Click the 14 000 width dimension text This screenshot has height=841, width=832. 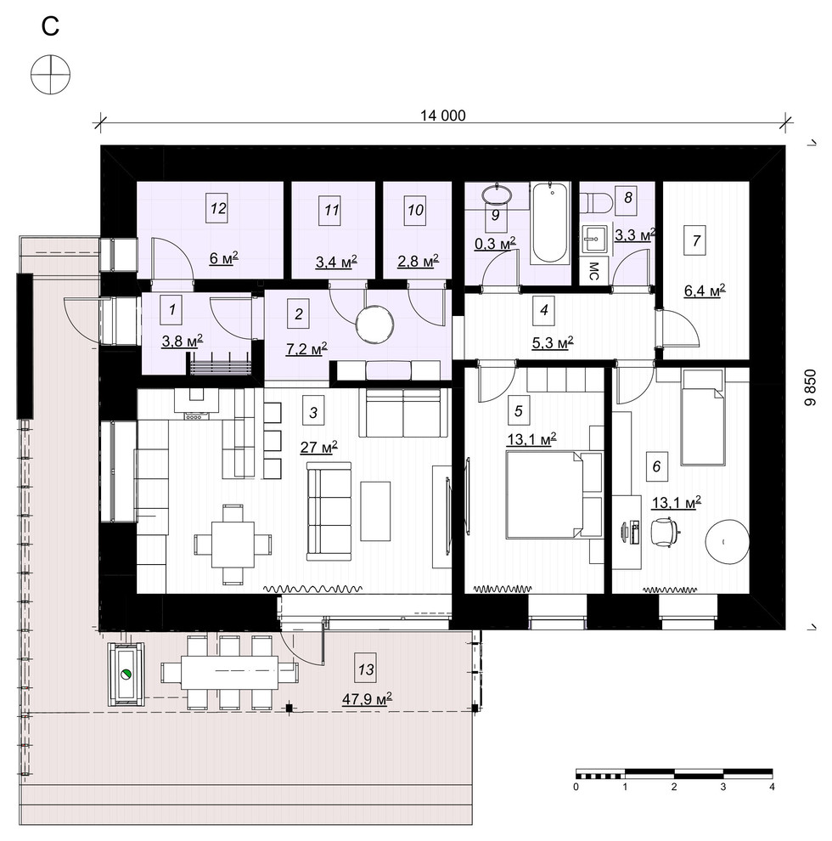pos(443,116)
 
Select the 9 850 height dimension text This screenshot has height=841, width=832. pos(810,387)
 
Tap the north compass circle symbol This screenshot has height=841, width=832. pos(50,75)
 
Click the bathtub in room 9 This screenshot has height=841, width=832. pos(550,223)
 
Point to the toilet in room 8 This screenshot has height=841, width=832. pos(596,203)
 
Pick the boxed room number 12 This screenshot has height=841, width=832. pos(217,208)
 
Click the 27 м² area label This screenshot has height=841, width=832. pos(319,448)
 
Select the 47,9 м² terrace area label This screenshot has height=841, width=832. pos(368,699)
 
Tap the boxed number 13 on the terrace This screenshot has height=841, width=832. pos(366,669)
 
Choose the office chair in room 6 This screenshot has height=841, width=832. pos(663,532)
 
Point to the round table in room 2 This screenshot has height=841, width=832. pos(374,324)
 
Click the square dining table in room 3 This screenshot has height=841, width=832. pos(233,544)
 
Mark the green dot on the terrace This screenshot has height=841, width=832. pos(126,674)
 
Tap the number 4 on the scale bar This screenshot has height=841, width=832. pos(772,787)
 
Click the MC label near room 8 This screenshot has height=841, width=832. pos(593,271)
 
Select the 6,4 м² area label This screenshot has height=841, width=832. pos(705,291)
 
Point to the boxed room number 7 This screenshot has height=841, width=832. pos(696,240)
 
